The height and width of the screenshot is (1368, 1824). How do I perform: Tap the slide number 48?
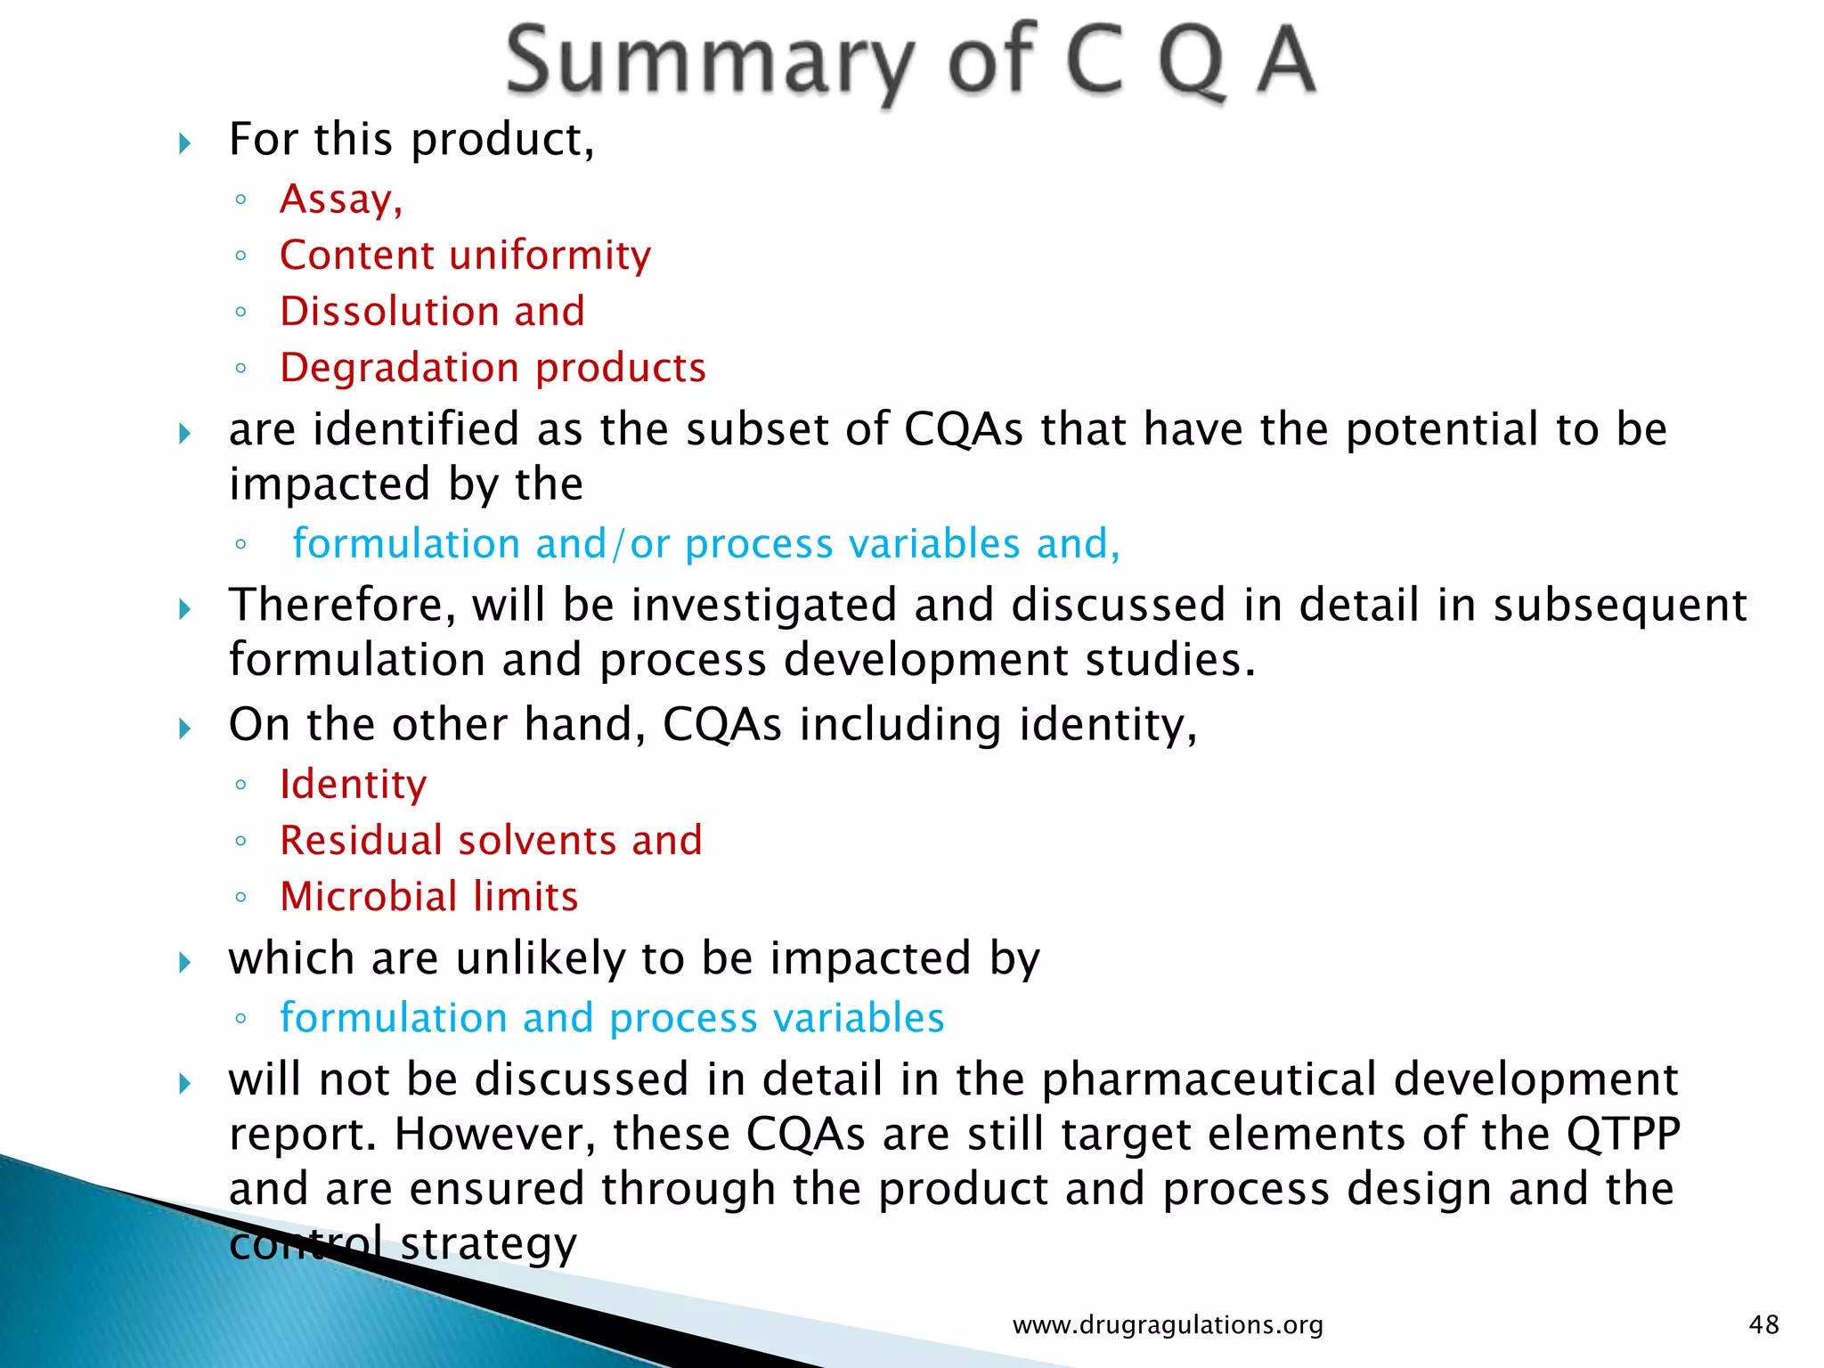point(1763,1324)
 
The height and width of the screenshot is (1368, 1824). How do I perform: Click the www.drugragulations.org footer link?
point(1168,1325)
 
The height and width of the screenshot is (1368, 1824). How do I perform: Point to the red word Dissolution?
point(389,312)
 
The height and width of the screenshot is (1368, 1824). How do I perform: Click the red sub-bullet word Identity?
point(354,785)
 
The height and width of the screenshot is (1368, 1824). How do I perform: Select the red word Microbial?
point(369,897)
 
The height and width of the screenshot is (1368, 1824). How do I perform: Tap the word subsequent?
point(1620,606)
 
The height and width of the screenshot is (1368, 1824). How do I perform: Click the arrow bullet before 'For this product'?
point(184,142)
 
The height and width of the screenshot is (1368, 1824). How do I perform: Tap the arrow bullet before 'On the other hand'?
point(184,729)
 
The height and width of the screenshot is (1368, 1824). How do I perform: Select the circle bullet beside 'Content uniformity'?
point(240,256)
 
